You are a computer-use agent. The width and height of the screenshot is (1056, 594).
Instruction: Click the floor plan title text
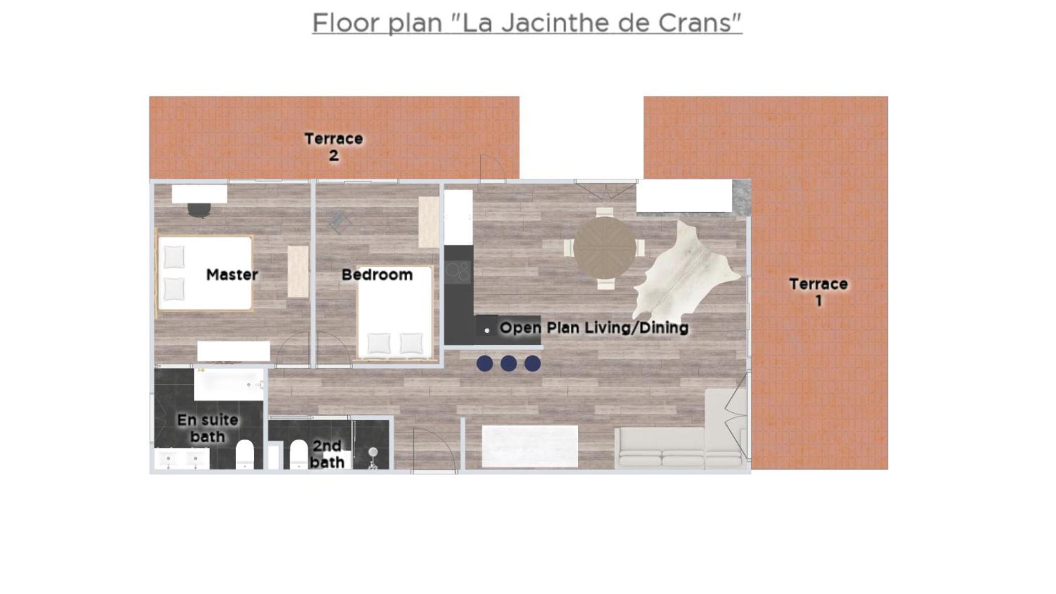527,24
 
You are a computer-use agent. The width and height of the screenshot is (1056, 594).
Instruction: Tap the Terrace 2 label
333,147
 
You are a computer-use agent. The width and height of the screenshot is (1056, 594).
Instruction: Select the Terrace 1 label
818,292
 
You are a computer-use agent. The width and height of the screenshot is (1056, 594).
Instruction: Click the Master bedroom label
232,274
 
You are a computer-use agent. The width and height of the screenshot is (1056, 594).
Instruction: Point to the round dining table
605,248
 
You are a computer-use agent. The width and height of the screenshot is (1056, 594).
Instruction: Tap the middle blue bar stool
508,364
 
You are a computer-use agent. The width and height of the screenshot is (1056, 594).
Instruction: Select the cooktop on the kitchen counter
458,272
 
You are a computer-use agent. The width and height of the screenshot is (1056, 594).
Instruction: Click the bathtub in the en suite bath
229,384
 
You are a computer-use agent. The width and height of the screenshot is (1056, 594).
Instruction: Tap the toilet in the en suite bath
245,454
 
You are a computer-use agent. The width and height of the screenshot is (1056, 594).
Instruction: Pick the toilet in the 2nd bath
299,454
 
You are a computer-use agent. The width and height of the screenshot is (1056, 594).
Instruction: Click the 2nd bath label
327,454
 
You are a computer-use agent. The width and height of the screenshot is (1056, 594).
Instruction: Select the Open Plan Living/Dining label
594,328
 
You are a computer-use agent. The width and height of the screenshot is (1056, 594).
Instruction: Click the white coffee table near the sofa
530,446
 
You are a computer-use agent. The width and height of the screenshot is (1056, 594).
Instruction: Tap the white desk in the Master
199,194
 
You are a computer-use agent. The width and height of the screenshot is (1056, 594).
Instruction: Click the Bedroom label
377,274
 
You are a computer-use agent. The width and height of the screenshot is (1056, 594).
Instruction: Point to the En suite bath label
207,428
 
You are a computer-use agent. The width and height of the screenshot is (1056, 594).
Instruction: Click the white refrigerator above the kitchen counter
458,217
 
